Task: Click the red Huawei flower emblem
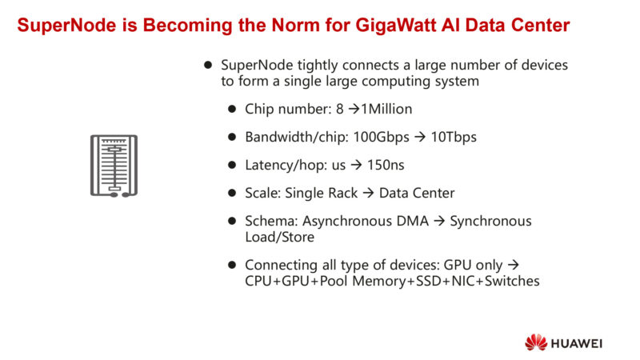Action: tap(535, 342)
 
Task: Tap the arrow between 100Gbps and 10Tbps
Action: tap(418, 137)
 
